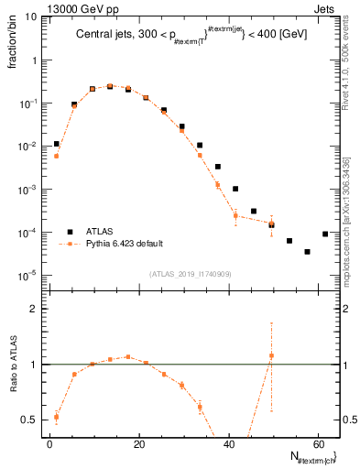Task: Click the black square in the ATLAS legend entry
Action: [x=69, y=231]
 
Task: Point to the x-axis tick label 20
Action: [x=139, y=443]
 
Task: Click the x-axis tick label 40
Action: [x=228, y=443]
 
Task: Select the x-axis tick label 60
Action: [x=317, y=443]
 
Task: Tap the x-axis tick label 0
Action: [x=49, y=443]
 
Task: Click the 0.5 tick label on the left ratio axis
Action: [x=27, y=420]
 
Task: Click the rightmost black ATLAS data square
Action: [x=325, y=234]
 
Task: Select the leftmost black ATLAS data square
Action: [x=57, y=144]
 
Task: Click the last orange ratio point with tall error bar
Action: [x=271, y=355]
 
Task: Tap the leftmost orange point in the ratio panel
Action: [x=57, y=417]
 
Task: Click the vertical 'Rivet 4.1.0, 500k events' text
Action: [x=346, y=64]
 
